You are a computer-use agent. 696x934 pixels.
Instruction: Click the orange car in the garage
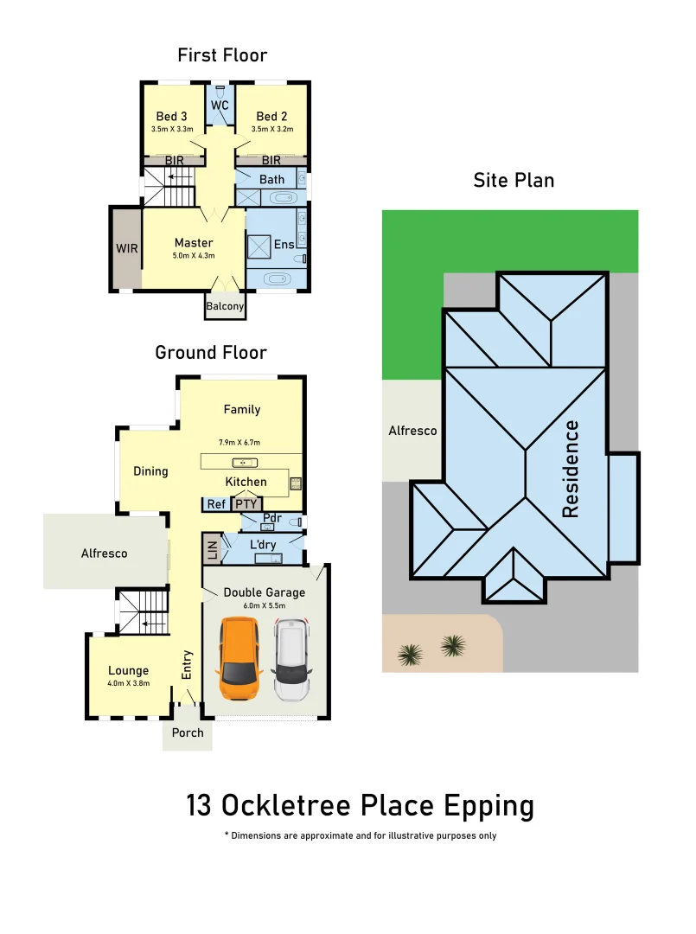pos(241,660)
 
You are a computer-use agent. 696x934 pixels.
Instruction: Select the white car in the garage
pos(292,662)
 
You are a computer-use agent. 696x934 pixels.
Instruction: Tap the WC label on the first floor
pos(220,106)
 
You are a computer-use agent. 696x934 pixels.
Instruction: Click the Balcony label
pos(225,306)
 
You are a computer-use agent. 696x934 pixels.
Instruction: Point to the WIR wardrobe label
pos(127,248)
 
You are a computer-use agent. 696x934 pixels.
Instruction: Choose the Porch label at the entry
pos(188,732)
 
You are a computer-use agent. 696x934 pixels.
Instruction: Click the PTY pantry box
pos(246,503)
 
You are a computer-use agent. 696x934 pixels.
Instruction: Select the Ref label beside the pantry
pos(214,503)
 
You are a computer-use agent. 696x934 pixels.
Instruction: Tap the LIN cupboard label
pos(210,548)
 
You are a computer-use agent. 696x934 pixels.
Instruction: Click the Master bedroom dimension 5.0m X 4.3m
pos(194,256)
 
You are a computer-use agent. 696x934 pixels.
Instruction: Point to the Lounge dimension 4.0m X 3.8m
pos(129,683)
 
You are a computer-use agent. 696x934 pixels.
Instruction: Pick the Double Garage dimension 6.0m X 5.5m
pos(264,605)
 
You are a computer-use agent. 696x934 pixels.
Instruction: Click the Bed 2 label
pos(271,116)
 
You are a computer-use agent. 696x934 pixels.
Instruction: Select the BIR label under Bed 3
pos(175,160)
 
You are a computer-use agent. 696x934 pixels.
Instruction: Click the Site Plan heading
pos(514,180)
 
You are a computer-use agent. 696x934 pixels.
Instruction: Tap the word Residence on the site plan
pos(571,468)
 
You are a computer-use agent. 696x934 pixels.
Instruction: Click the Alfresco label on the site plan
pos(412,430)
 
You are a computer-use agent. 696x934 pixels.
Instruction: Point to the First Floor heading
pos(222,55)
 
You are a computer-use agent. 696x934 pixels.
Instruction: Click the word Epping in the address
pos(488,805)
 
